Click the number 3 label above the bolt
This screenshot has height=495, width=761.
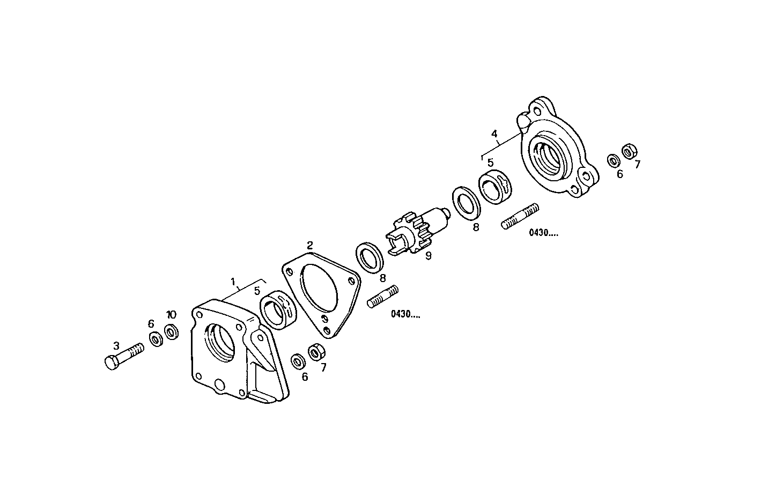pyautogui.click(x=115, y=345)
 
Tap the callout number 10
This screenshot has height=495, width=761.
pyautogui.click(x=171, y=314)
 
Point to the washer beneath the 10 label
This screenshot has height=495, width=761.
pyautogui.click(x=172, y=332)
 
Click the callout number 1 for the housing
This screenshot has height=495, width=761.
pyautogui.click(x=233, y=281)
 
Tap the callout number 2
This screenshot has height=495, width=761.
pyautogui.click(x=310, y=246)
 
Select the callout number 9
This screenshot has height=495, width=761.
pyautogui.click(x=428, y=257)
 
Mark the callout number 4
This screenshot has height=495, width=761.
pyautogui.click(x=494, y=133)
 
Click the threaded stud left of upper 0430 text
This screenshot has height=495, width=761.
pyautogui.click(x=520, y=216)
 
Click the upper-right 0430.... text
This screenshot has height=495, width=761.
pyautogui.click(x=543, y=233)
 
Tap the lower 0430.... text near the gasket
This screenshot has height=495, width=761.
pyautogui.click(x=405, y=315)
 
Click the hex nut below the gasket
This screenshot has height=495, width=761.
pyautogui.click(x=315, y=353)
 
